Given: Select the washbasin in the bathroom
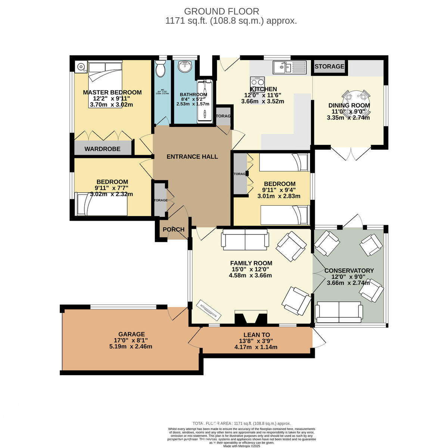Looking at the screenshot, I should tap(186, 66).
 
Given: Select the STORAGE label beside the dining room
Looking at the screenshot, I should tap(329, 66).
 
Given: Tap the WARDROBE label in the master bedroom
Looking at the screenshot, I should tap(102, 149).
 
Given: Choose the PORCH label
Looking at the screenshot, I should tap(174, 229).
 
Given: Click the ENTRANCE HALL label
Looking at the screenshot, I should tap(192, 156).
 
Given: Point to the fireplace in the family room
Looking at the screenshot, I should tap(251, 318).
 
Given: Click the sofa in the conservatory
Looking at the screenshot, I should tap(339, 312).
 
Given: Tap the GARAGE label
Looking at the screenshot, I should tap(131, 334).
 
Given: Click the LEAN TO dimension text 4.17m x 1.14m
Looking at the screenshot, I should tap(256, 347).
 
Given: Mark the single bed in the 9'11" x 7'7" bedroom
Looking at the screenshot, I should tap(102, 204).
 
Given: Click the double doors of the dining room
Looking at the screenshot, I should tap(351, 153).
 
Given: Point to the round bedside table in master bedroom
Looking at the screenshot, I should tap(81, 67).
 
